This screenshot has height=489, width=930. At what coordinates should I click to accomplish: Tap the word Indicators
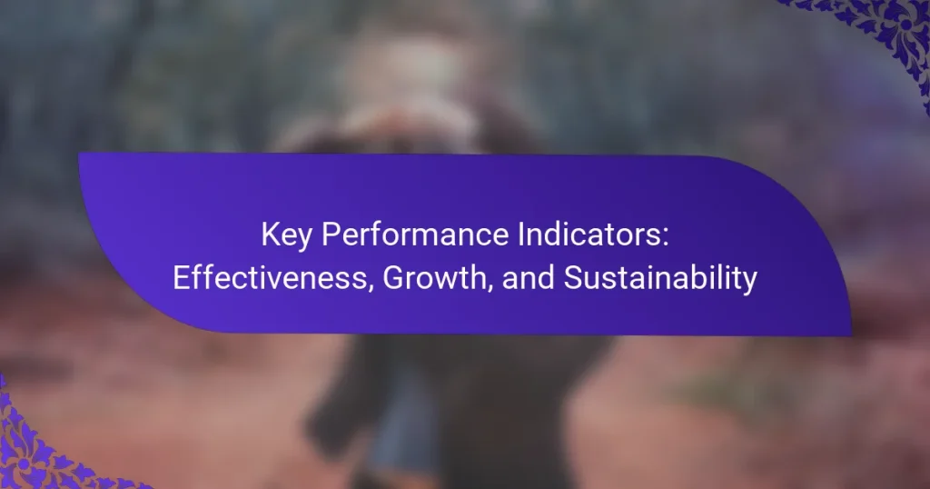pyautogui.click(x=589, y=235)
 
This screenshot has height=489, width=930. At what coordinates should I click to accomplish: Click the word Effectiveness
pyautogui.click(x=270, y=278)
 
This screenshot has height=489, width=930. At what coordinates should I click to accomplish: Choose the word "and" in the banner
pyautogui.click(x=528, y=278)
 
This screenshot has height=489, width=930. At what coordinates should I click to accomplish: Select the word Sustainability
pyautogui.click(x=660, y=278)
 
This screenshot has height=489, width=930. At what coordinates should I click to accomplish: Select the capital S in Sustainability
pyautogui.click(x=574, y=278)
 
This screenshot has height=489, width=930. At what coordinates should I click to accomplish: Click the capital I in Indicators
pyautogui.click(x=520, y=235)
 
